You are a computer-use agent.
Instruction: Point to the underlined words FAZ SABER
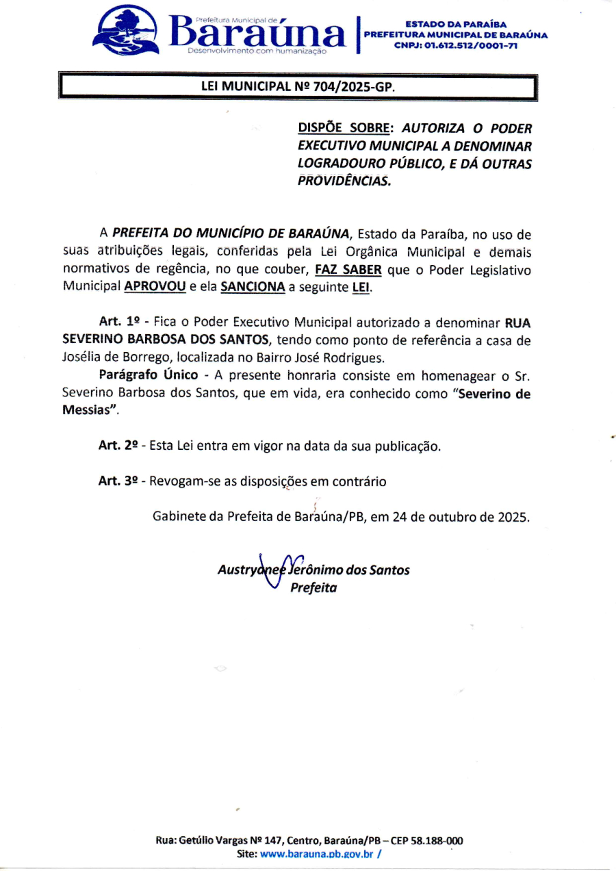point(348,270)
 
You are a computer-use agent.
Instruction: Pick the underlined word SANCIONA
point(253,287)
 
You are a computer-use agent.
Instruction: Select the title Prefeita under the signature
point(313,588)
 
